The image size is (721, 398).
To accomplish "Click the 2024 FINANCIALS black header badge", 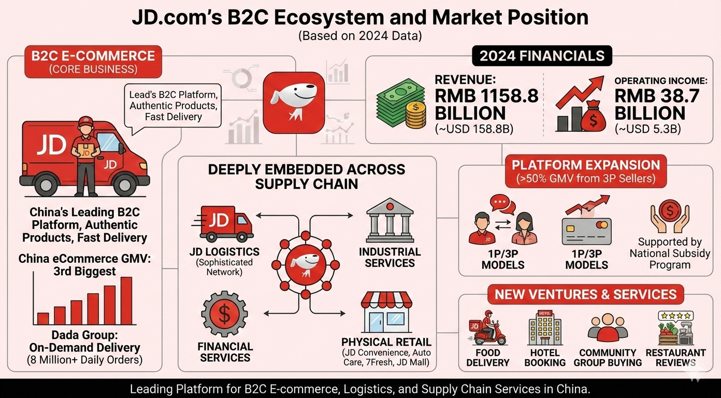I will pos(542,56).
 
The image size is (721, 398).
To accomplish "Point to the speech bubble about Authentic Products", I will pos(174,106).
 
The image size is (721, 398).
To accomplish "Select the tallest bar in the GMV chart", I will pos(126,301).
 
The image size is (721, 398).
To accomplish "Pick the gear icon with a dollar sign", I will pos(224,314).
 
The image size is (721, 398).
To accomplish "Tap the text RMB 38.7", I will pos(657,96).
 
